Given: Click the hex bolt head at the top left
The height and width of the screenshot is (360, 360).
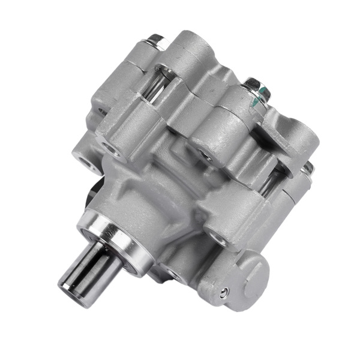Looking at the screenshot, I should pyautogui.click(x=155, y=40).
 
